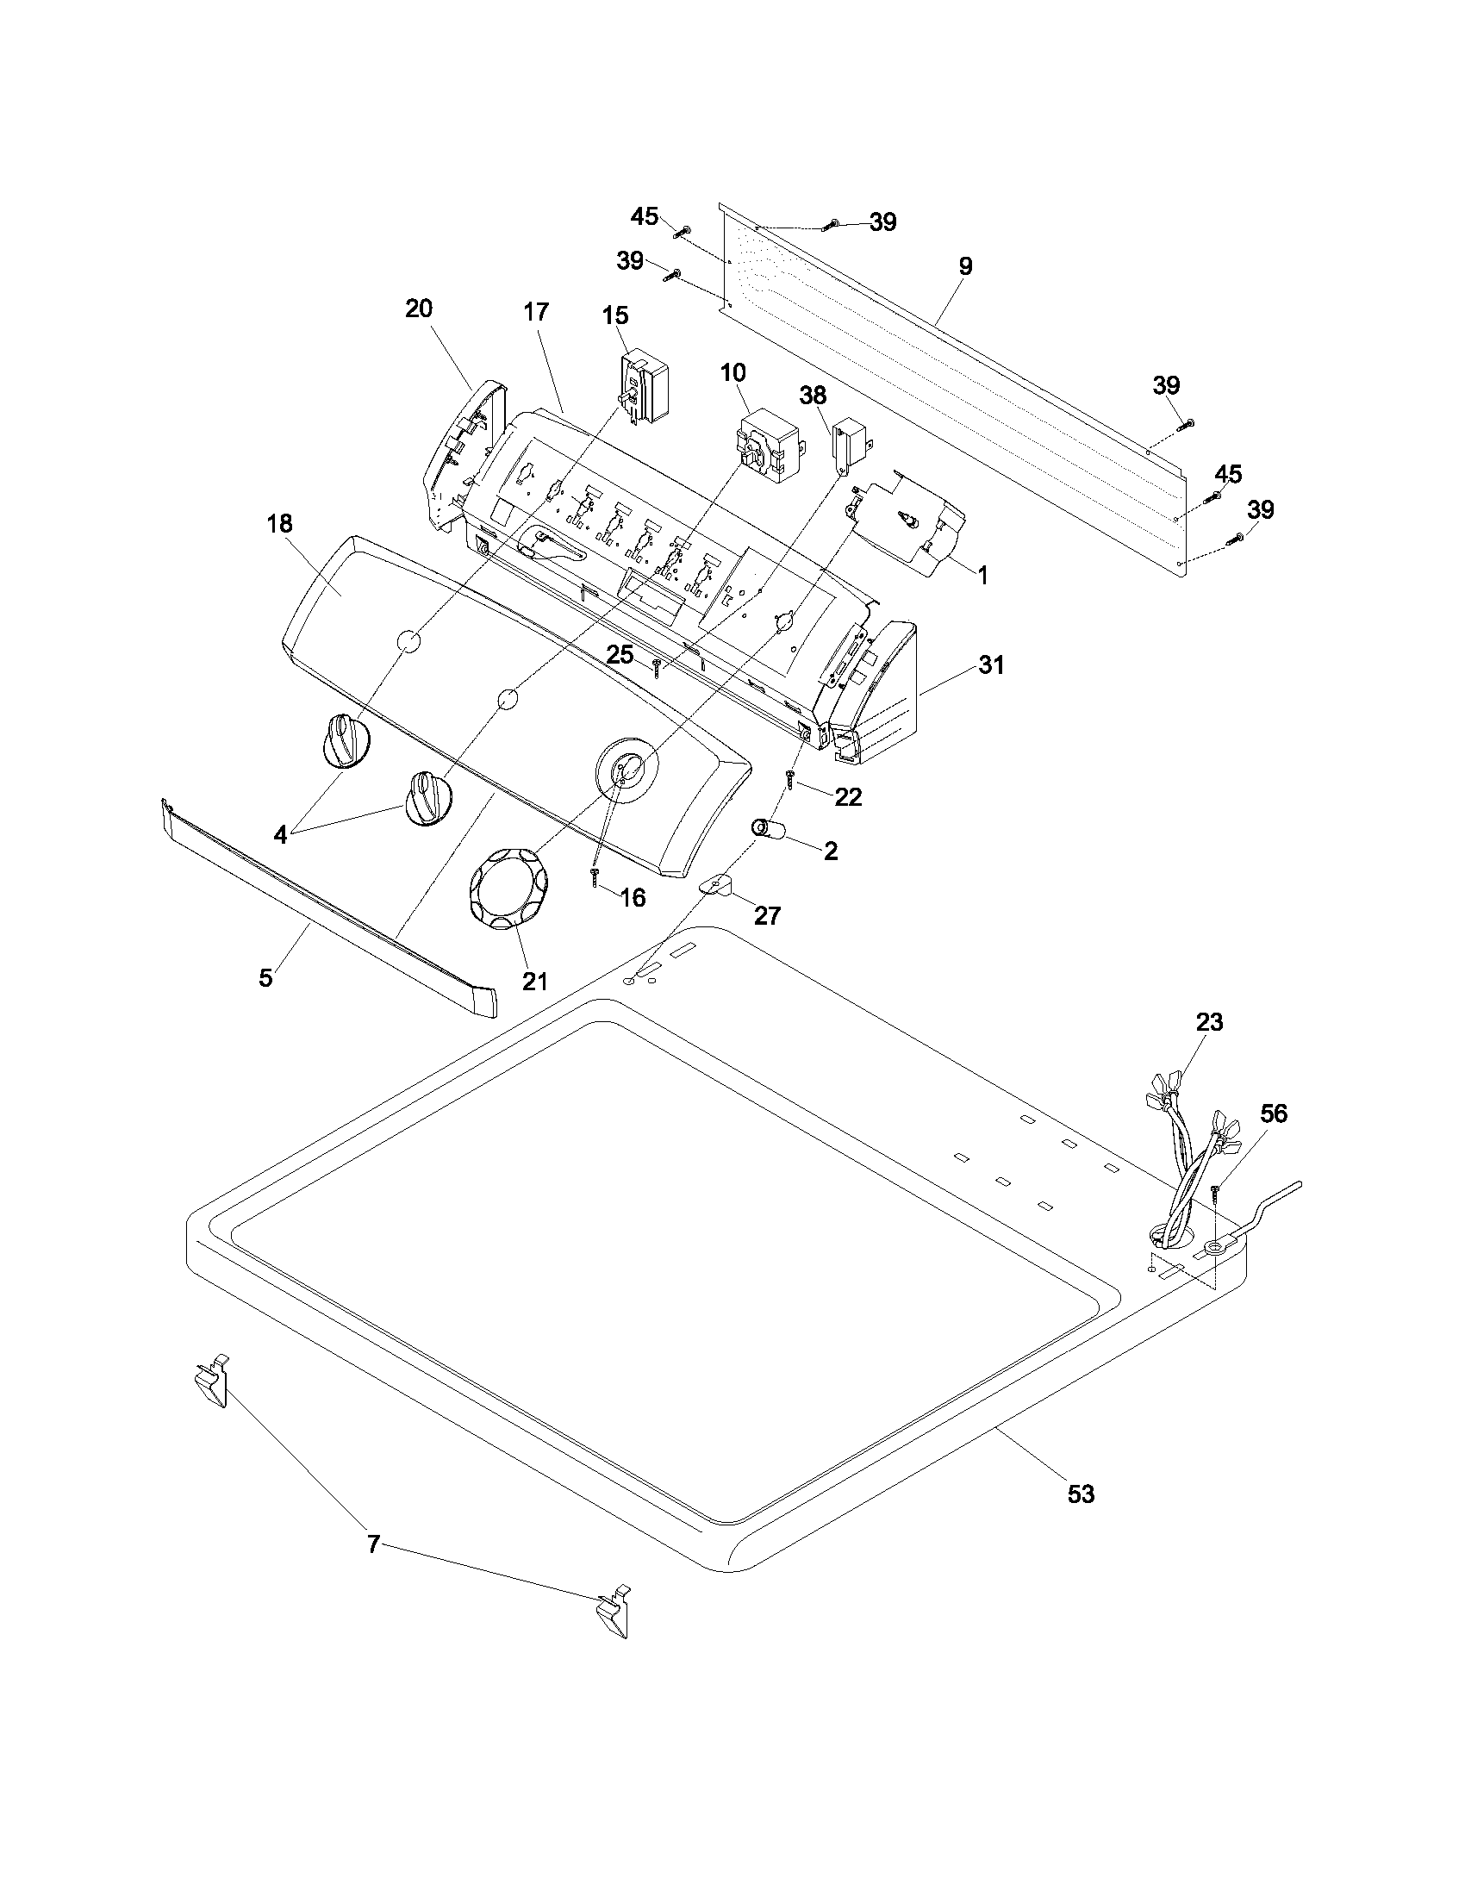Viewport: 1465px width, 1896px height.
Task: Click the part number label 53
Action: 1082,1494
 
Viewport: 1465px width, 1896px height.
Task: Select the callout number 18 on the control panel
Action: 279,523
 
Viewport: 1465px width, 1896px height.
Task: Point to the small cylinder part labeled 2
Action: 768,830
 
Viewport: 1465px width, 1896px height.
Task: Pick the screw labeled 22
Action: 791,779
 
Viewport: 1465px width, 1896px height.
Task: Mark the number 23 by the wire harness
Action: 1209,1022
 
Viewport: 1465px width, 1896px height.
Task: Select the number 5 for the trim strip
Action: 265,977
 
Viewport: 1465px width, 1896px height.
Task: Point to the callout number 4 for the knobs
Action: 279,835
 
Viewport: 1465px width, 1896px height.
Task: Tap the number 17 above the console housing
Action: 536,312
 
